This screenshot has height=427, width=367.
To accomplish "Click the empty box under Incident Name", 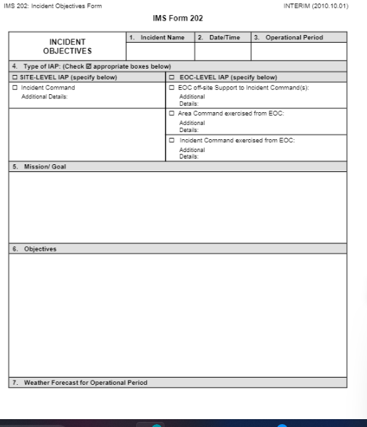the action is coord(160,51).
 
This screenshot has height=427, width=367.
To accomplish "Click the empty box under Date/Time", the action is coord(222,51).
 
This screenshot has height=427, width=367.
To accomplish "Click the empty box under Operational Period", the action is coord(299,51).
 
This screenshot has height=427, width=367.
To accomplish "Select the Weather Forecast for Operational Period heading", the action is coord(80,383).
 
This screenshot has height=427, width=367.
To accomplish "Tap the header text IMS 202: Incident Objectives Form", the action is coord(51,6).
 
